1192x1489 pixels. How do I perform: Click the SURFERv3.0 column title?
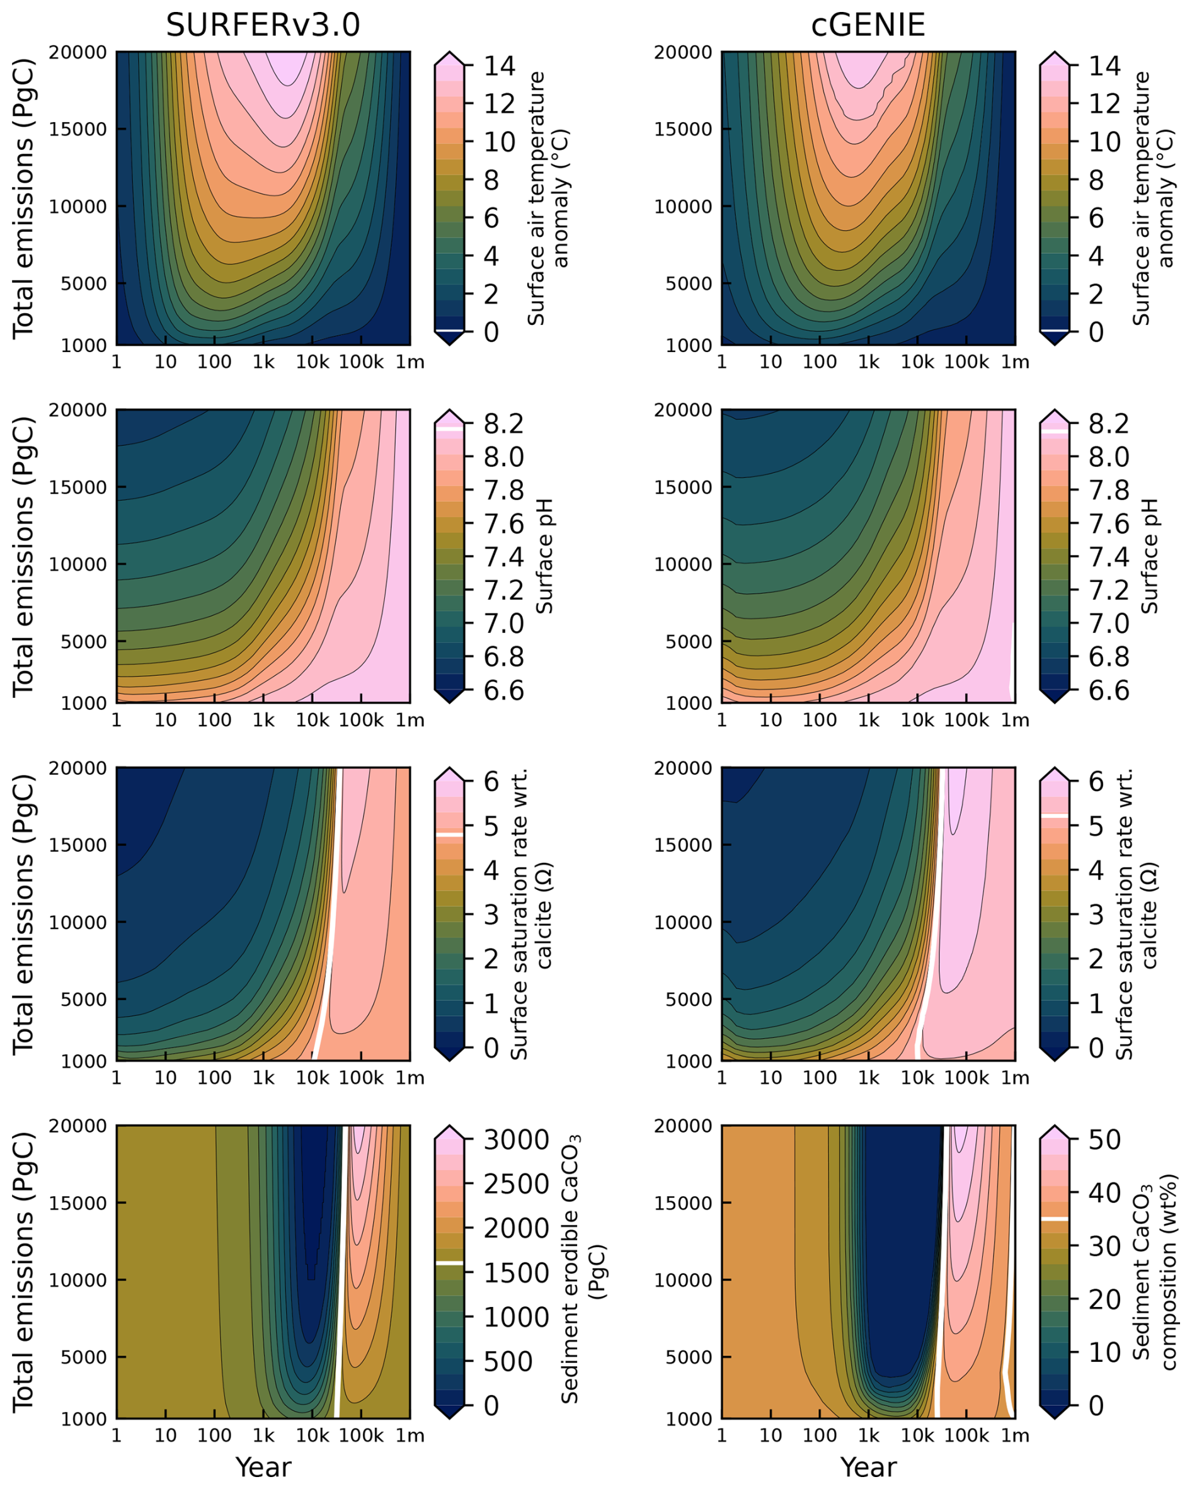click(x=263, y=26)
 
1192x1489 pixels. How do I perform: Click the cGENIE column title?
click(x=868, y=26)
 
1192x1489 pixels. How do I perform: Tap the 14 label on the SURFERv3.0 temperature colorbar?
click(x=500, y=66)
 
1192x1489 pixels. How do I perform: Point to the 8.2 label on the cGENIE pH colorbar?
click(x=1108, y=424)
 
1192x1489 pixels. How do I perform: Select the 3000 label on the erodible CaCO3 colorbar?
click(x=517, y=1140)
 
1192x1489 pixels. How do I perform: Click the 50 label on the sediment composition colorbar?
click(x=1105, y=1140)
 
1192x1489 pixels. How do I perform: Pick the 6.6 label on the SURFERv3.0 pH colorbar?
click(x=503, y=690)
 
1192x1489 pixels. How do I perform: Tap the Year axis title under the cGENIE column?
click(x=868, y=1467)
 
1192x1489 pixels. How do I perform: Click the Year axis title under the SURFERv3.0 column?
click(x=263, y=1467)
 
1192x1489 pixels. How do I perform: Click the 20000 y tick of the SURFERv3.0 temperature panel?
click(x=77, y=52)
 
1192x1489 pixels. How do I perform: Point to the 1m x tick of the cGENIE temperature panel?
click(x=1014, y=363)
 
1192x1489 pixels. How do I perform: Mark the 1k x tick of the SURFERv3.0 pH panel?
click(x=263, y=721)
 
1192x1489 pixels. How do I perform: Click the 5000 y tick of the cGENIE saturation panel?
click(x=688, y=1000)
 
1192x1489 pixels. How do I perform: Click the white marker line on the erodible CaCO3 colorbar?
click(x=449, y=1262)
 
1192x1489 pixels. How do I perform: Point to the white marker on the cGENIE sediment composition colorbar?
click(x=1054, y=1219)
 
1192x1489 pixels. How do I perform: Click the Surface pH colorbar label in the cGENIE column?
click(x=1149, y=556)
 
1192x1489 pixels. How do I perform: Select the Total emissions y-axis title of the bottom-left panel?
click(x=23, y=1272)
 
